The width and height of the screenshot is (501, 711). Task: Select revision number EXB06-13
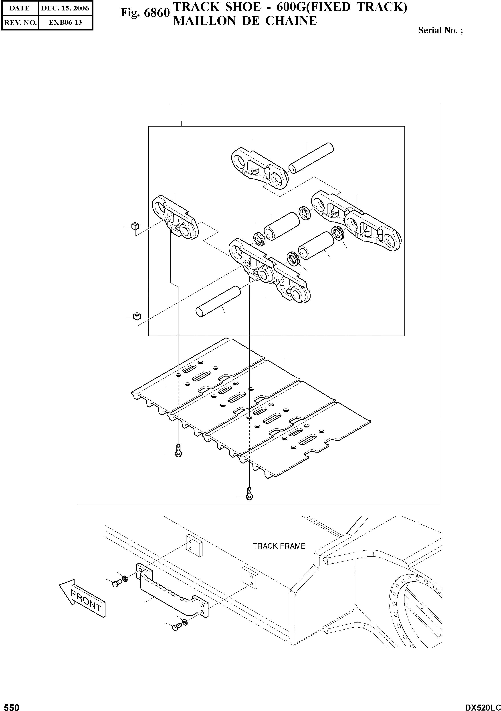click(x=65, y=23)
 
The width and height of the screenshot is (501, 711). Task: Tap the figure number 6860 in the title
click(x=158, y=13)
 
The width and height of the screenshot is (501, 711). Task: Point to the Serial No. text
click(x=440, y=30)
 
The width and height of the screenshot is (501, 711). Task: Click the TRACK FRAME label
click(x=279, y=546)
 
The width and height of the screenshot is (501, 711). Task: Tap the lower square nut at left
click(x=137, y=316)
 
